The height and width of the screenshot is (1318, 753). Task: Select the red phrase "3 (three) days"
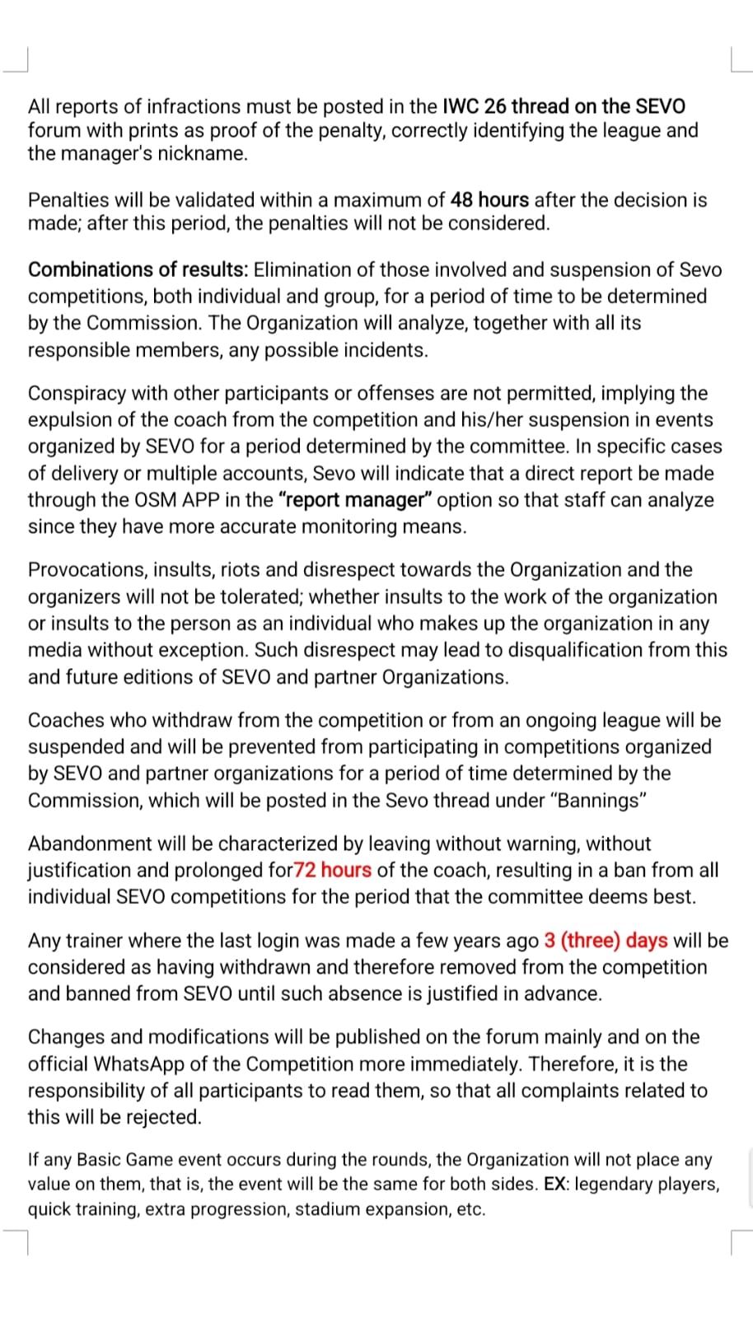click(606, 940)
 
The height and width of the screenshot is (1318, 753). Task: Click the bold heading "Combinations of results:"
click(138, 269)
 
